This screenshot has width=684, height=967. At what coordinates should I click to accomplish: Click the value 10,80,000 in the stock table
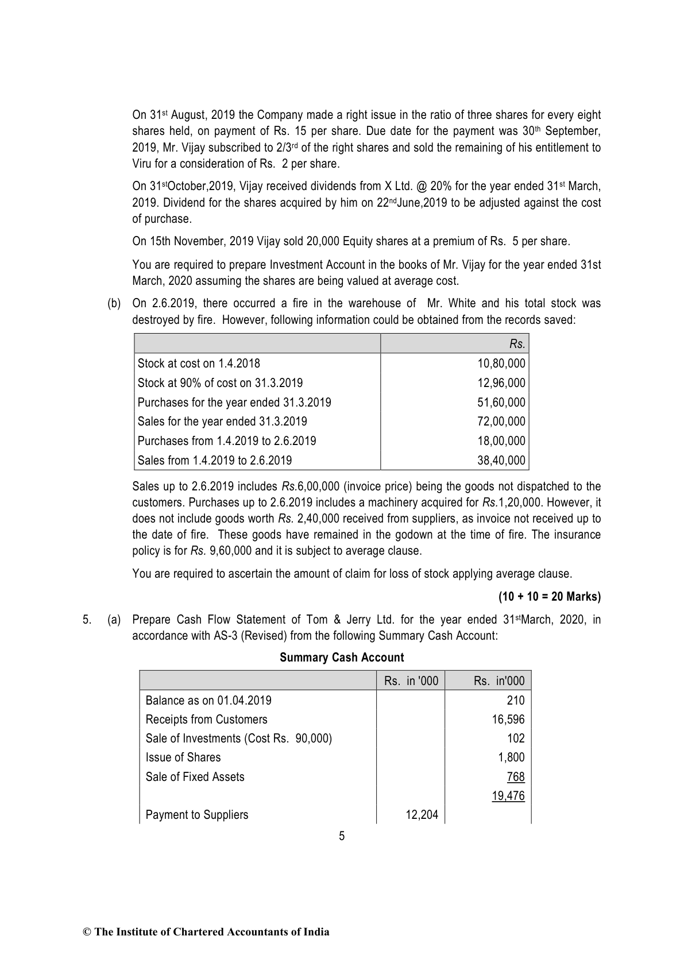(501, 363)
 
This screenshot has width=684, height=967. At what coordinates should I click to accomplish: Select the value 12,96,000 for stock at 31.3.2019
(501, 383)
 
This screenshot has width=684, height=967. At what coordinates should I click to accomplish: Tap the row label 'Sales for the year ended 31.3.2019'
(222, 421)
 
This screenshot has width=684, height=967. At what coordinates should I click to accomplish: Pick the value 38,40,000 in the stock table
(501, 461)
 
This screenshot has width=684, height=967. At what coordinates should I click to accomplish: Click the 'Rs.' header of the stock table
(517, 344)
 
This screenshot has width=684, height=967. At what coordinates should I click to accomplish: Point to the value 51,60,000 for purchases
(501, 403)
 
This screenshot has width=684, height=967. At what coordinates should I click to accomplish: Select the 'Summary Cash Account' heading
(342, 657)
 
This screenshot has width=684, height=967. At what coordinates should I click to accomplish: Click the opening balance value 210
(516, 701)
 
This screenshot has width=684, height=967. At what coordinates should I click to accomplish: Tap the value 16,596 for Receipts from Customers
(508, 720)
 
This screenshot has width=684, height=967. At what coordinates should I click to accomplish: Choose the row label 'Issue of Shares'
(183, 757)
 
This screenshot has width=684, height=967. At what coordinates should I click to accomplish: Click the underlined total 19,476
(508, 796)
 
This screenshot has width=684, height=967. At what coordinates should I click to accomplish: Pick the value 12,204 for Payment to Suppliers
(422, 815)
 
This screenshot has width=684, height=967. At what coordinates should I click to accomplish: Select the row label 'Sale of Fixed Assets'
(195, 777)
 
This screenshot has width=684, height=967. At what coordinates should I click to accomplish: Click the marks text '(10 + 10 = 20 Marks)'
(550, 597)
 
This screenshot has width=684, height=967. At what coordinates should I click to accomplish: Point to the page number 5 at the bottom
(342, 836)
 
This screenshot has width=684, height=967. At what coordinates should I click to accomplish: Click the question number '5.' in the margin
(87, 620)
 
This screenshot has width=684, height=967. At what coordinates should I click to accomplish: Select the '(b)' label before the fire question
(114, 303)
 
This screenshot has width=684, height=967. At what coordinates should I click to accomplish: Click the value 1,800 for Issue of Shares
(511, 757)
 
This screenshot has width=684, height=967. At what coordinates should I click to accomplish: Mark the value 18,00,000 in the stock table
(501, 441)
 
